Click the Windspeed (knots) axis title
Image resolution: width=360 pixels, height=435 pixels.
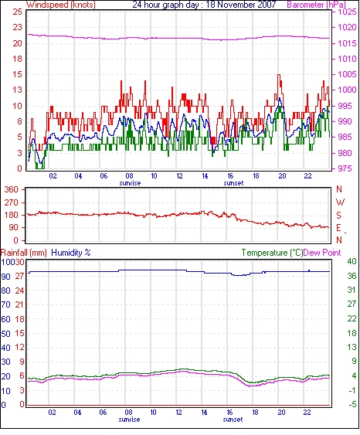tap(61, 5)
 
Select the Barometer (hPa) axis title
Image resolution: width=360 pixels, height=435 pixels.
tap(317, 5)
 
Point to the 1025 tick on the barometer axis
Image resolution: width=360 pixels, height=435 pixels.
tap(347, 12)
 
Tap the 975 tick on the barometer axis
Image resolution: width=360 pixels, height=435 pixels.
tap(345, 168)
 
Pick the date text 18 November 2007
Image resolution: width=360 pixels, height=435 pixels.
tap(241, 5)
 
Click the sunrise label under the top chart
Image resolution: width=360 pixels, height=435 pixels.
tap(130, 183)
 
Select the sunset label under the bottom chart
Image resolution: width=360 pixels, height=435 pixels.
tap(233, 420)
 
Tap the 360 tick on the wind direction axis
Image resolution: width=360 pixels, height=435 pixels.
tap(12, 190)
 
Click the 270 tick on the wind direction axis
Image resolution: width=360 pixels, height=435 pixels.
tap(12, 202)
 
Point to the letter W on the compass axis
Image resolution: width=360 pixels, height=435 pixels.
tap(340, 202)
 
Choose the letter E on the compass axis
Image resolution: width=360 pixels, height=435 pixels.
tap(338, 228)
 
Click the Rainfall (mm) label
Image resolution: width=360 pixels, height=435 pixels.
tap(24, 253)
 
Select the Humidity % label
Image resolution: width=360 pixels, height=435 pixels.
tap(71, 253)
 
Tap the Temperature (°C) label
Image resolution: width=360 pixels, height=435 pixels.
tap(272, 253)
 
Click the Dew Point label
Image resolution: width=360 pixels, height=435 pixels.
tap(322, 253)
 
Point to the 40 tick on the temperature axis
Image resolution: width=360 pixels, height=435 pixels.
tap(352, 261)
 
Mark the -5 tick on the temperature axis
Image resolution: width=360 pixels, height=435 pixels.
tap(352, 405)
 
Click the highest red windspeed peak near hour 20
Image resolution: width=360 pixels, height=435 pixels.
tap(279, 75)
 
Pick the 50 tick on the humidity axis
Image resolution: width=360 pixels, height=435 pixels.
tap(6, 334)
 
